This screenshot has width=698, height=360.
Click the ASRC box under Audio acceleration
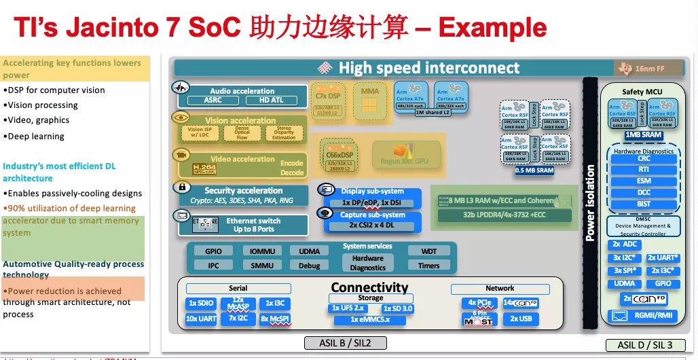tap(213, 101)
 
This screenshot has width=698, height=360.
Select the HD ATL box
tap(272, 101)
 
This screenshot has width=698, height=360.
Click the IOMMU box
tap(261, 251)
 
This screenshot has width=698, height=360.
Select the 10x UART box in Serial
tap(201, 319)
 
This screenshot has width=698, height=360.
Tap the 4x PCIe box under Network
tap(479, 303)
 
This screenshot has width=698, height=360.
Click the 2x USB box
tap(521, 319)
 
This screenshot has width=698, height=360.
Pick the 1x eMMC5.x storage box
tap(369, 319)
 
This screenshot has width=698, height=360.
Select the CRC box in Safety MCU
tap(644, 158)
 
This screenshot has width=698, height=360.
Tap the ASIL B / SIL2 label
tap(345, 342)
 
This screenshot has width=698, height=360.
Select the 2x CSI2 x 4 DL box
tap(372, 225)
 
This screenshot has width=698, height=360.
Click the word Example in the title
tap(492, 28)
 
